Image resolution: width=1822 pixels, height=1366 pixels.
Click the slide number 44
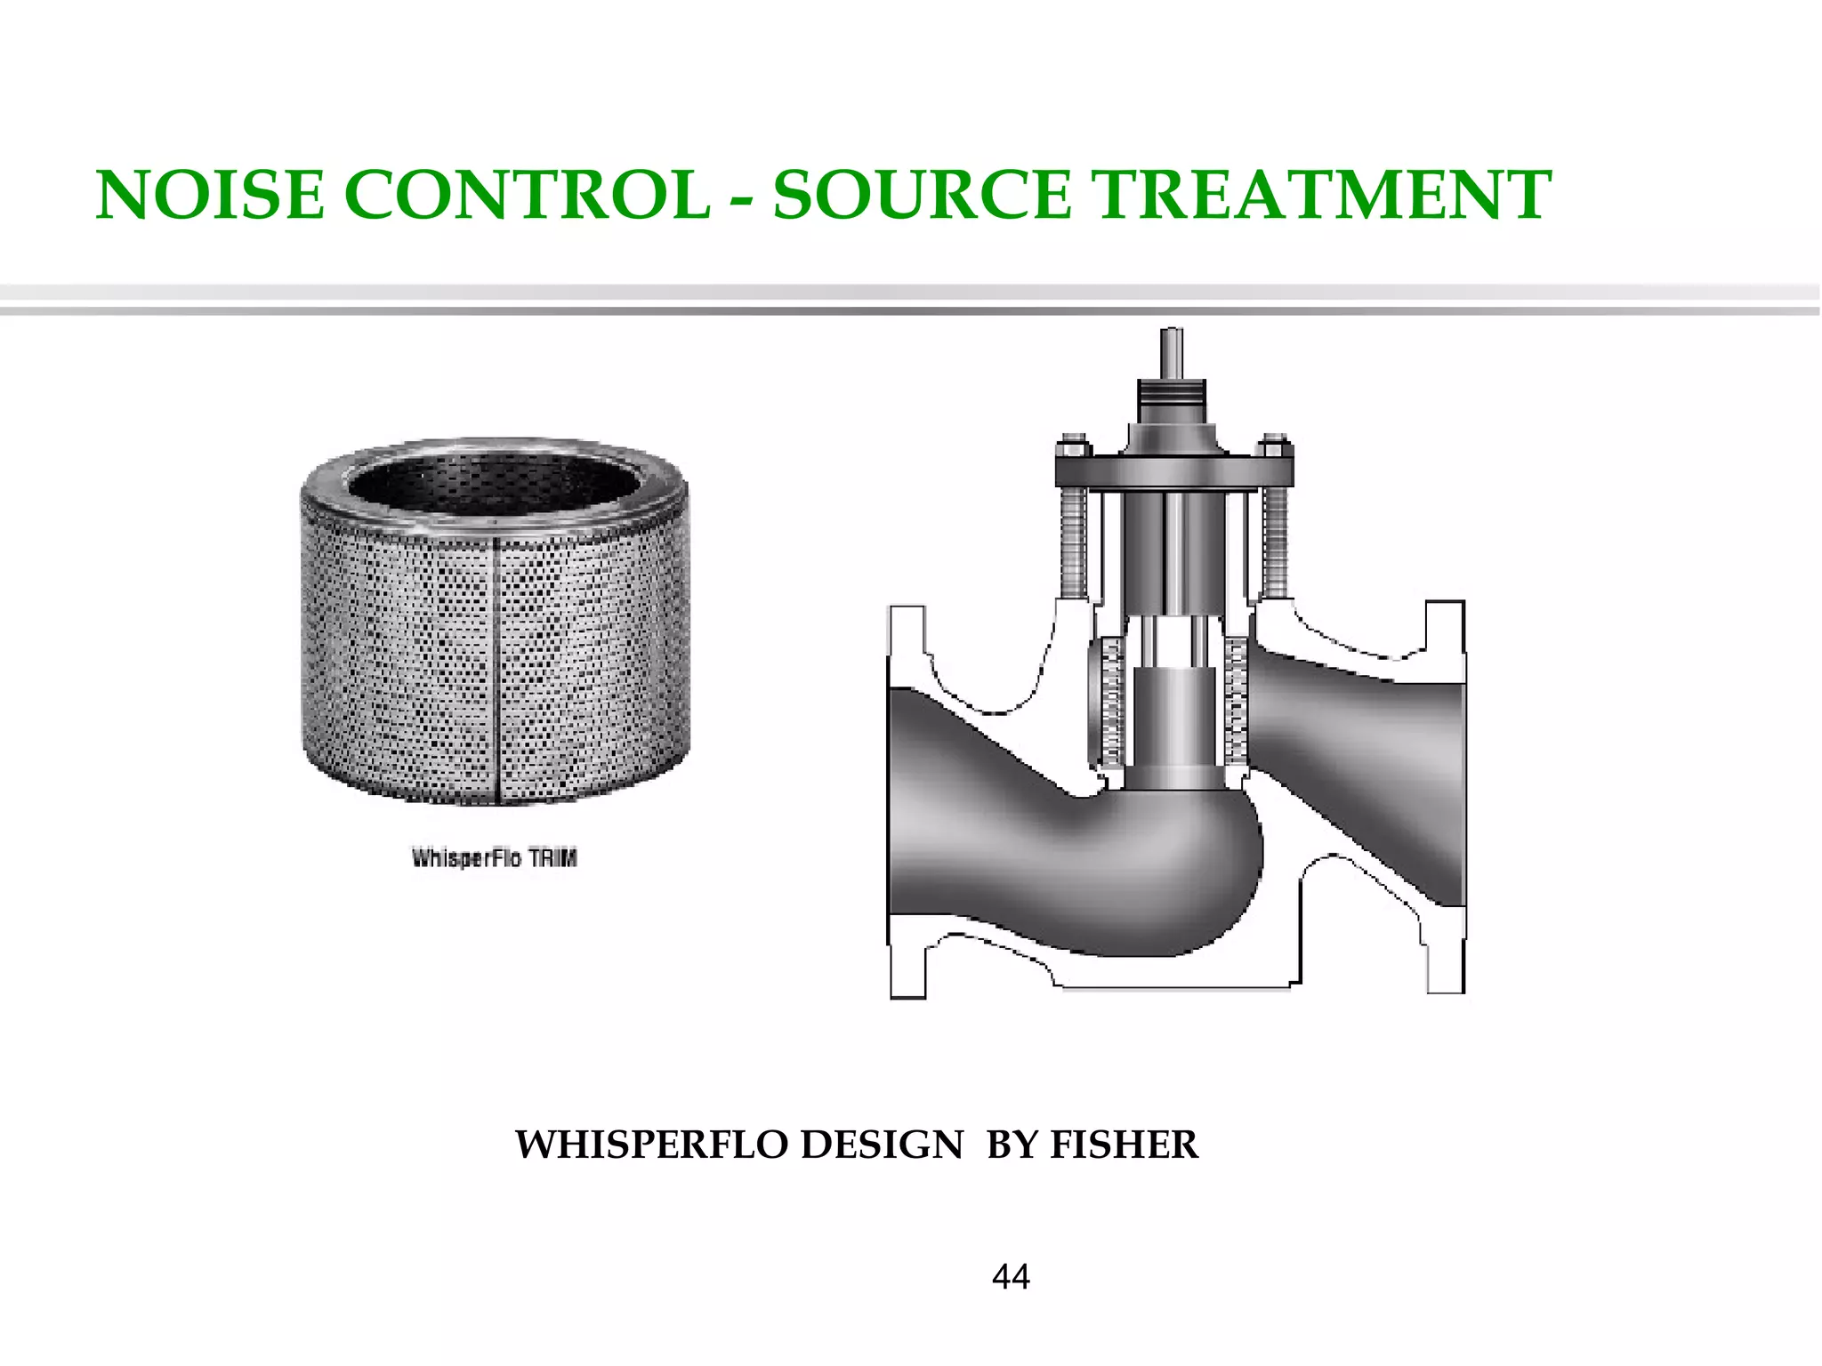tap(1011, 1277)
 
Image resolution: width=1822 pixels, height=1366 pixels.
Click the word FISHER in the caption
tap(1125, 1145)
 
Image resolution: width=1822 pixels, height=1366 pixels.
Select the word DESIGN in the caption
tap(882, 1145)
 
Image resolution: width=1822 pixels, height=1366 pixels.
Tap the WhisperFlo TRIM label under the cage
tap(495, 858)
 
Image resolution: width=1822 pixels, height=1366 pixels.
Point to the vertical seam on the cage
tap(495, 667)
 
